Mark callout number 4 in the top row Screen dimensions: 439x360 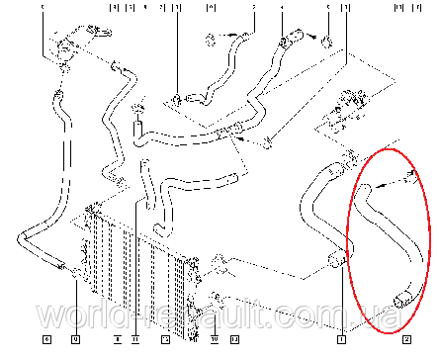pos(281,8)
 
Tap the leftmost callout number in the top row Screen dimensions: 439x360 pos(44,8)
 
